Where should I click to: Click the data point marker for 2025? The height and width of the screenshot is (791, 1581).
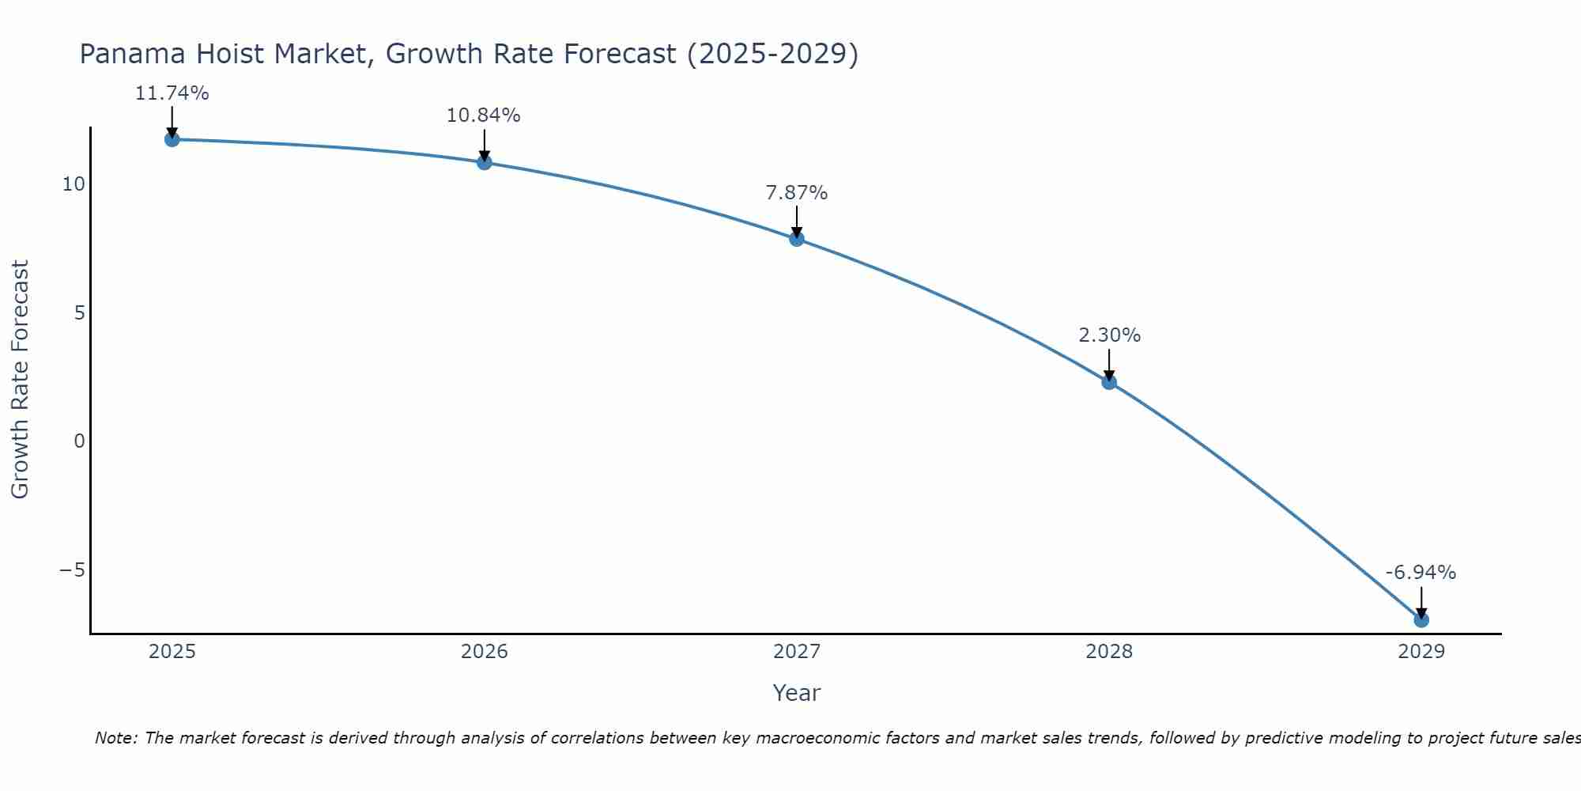point(172,139)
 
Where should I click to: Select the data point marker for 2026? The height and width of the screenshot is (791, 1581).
point(485,162)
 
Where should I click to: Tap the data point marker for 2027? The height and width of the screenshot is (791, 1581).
point(797,239)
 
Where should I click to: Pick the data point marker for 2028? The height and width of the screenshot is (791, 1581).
point(1109,382)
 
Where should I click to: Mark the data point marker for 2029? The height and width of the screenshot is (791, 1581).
point(1421,620)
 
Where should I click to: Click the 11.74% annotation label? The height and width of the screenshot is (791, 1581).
point(172,93)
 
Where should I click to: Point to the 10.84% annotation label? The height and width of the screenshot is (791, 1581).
point(484,115)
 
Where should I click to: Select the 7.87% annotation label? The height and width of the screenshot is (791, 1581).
point(797,193)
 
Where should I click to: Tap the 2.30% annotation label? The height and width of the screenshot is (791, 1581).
point(1110,335)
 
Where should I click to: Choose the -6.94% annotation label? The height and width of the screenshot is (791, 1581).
point(1421,573)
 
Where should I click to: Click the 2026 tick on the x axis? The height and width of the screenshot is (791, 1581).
point(485,652)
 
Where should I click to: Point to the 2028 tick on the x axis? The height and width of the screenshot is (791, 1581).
point(1109,652)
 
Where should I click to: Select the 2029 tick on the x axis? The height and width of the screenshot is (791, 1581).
point(1421,652)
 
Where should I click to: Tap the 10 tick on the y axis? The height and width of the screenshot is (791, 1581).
point(74,184)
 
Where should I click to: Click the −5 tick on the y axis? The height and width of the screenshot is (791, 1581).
point(72,570)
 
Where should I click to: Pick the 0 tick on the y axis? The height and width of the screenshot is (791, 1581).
point(79,441)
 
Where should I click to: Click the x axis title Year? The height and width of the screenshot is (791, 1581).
point(797,693)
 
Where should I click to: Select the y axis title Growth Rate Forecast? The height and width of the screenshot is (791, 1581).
point(20,380)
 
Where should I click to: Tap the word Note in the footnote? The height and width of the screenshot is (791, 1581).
point(115,738)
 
